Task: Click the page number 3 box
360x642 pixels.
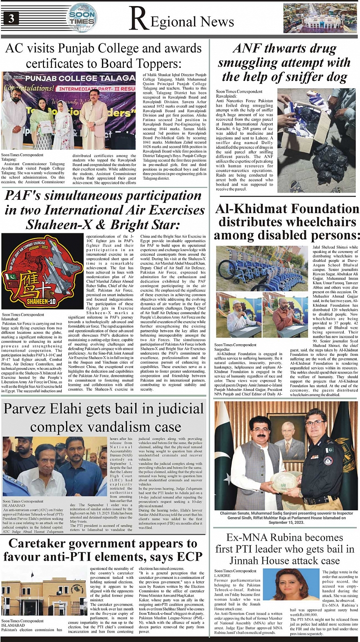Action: [x=10, y=19]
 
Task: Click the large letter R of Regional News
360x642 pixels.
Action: [x=138, y=20]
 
